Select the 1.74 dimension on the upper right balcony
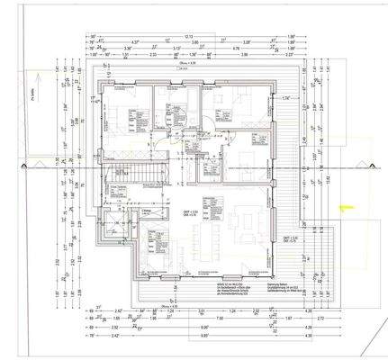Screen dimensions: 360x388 point(284,97)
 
